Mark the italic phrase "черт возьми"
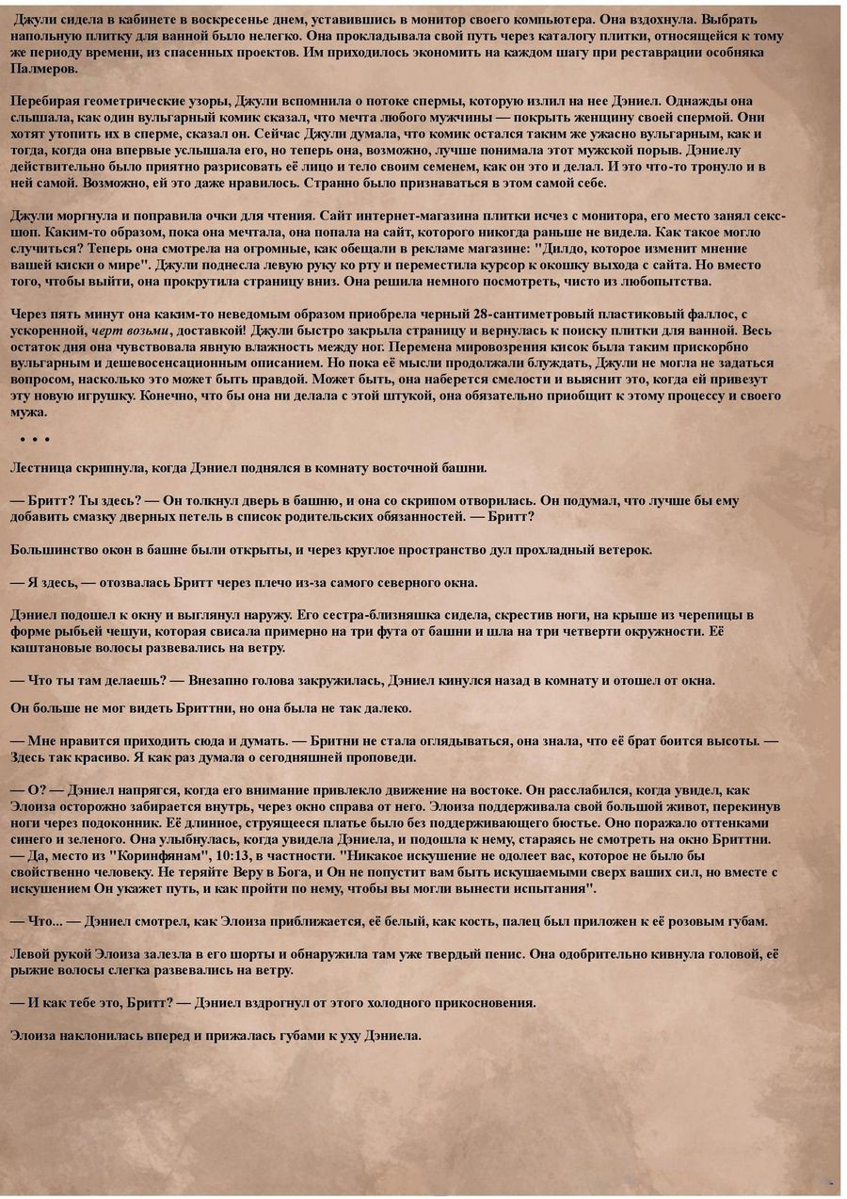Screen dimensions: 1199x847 coord(131,331)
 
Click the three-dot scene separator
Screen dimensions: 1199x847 coord(34,439)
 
